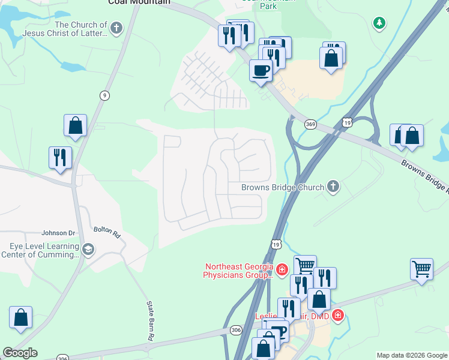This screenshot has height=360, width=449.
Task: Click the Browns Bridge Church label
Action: point(282,187)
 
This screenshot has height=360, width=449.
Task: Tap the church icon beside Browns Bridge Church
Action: point(333,187)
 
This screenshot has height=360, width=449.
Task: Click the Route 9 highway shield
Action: point(105,95)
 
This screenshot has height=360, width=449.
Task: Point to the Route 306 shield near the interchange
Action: point(235,330)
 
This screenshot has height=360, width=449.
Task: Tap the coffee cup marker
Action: point(261,70)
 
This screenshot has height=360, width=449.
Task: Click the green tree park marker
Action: point(379,23)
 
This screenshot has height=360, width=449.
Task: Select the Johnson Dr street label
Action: point(58,233)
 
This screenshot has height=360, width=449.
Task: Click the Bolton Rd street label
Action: point(107,232)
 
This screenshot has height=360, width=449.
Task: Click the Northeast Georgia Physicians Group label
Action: point(239,271)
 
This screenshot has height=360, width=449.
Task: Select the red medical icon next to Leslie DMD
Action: point(338,315)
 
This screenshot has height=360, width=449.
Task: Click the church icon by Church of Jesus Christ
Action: point(116,28)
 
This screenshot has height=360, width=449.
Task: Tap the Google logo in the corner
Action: point(20,353)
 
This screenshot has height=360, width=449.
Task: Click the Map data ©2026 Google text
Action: point(411,355)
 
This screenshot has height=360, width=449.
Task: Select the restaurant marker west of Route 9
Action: point(60,158)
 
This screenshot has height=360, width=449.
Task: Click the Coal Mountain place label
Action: point(135,2)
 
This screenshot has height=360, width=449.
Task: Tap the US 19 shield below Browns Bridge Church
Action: point(276,244)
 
